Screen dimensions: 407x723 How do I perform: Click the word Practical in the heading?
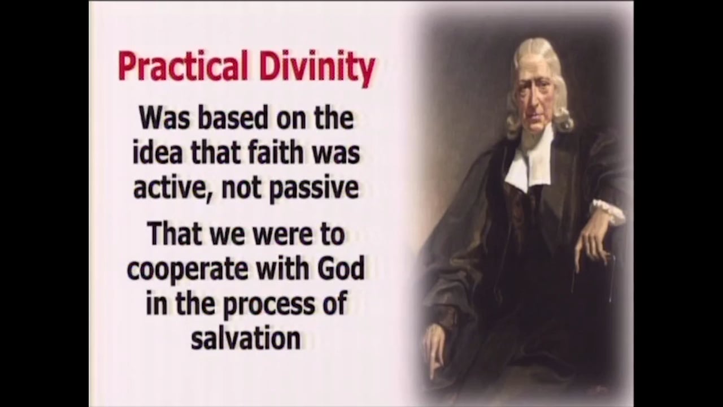[182, 67]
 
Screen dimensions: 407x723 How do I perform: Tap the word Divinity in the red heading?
[317, 67]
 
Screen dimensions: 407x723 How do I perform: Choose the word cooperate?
[182, 269]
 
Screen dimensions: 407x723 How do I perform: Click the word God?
[341, 269]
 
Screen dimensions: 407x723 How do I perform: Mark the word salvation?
[246, 339]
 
